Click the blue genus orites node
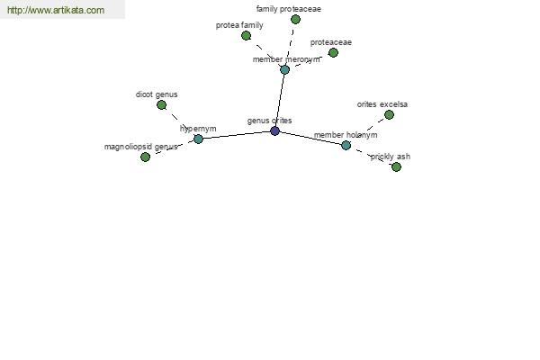coord(274,130)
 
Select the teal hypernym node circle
coord(198,139)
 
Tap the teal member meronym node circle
coord(284,69)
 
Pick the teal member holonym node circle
coord(346,146)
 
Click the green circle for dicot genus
coord(161,105)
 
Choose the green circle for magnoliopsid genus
coord(145,157)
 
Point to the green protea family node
coord(246,35)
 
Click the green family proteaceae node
coord(295,19)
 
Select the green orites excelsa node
coord(389,114)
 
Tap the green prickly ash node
coord(396,167)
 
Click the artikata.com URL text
coord(56,10)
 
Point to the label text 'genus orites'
coord(270,121)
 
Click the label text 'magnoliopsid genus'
coord(141,147)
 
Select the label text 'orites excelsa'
coord(382,104)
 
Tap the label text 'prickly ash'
coord(391,157)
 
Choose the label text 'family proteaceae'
coord(289,9)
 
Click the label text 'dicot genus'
coord(157,94)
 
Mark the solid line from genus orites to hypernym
coord(237,135)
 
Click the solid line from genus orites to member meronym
coord(280,100)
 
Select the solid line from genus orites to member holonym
coord(310,138)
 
